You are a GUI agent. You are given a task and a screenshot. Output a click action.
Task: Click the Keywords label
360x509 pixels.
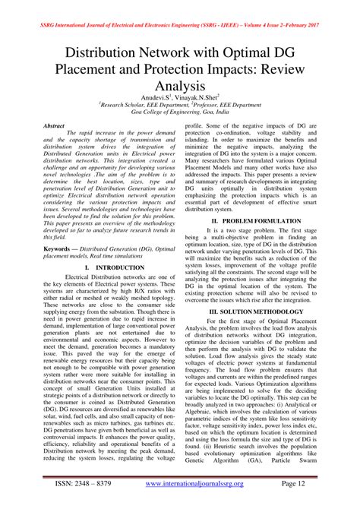pos(62,248)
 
